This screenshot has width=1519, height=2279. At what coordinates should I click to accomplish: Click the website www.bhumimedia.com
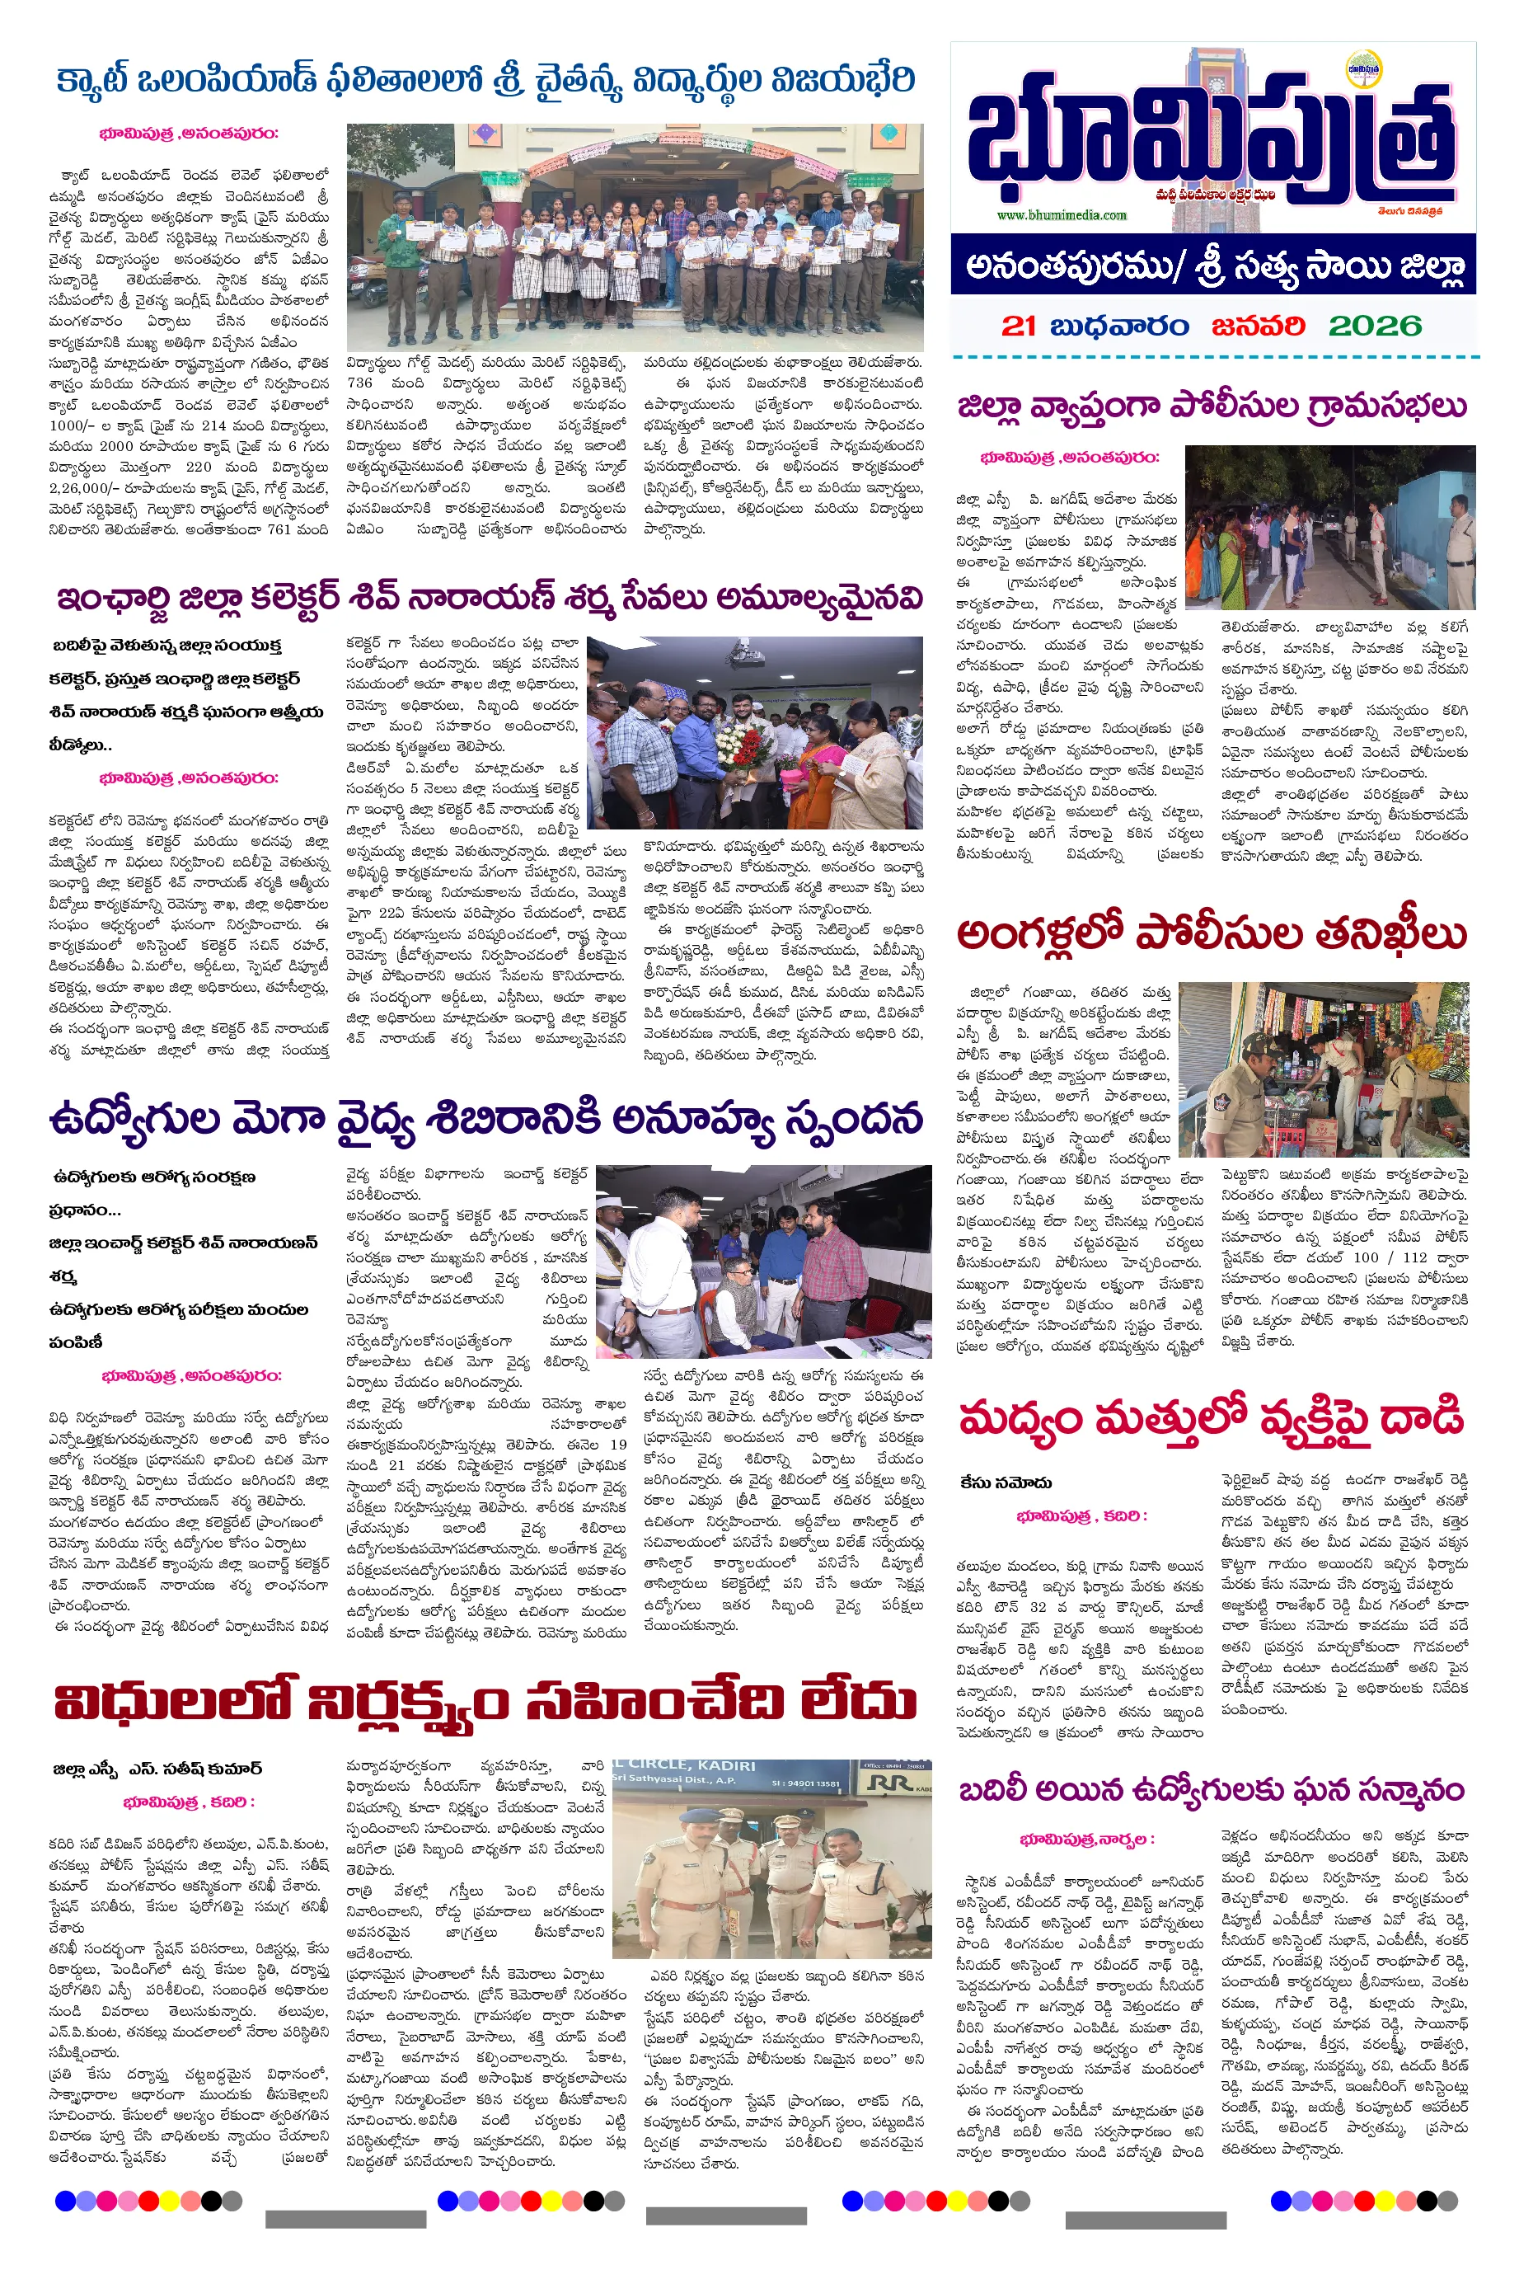point(1061,215)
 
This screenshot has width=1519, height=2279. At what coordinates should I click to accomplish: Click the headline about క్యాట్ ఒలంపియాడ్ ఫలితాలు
point(485,79)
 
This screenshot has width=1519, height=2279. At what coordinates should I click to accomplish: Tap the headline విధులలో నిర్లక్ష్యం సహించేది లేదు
point(485,1703)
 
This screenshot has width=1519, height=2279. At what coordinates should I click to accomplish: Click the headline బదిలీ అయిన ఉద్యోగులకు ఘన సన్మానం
point(1211,1790)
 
